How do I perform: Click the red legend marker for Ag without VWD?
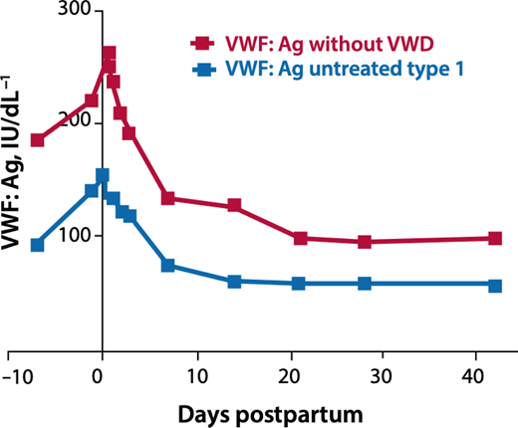201,43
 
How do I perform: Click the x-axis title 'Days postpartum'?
263,411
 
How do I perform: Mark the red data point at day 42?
495,239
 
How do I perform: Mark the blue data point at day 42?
495,285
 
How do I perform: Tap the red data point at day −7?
38,139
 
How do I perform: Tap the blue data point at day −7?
38,245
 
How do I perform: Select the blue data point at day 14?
234,282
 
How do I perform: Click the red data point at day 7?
168,198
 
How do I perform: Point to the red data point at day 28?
365,242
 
